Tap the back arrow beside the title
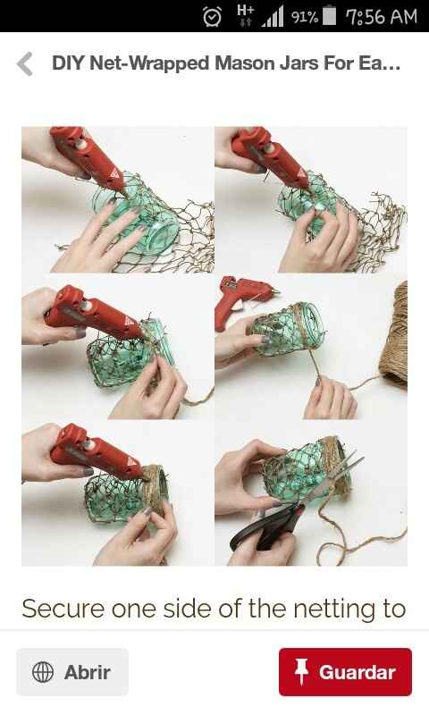click(26, 63)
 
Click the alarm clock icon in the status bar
click(212, 16)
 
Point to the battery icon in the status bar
click(329, 16)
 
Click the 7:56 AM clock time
click(382, 17)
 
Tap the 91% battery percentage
click(304, 17)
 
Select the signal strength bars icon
click(273, 16)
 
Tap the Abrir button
click(72, 672)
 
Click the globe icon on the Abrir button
click(43, 672)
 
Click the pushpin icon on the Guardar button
click(301, 671)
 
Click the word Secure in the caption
click(63, 609)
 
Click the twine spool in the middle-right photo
click(394, 335)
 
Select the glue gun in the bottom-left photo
click(96, 451)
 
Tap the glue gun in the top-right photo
click(270, 155)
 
